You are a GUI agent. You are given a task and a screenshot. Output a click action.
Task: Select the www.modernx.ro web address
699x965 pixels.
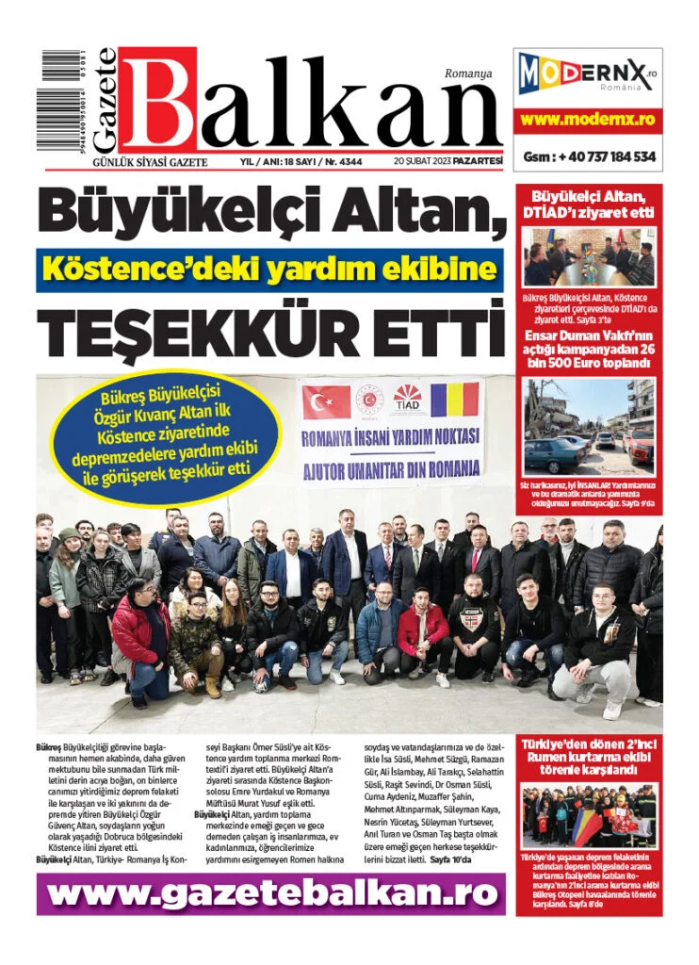coord(587,120)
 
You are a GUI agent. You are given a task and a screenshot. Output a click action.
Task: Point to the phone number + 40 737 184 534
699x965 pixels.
coord(589,156)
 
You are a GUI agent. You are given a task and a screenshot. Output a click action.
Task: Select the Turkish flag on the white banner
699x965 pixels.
coord(326,401)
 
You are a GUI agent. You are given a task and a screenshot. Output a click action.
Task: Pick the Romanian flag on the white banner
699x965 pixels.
coord(455,400)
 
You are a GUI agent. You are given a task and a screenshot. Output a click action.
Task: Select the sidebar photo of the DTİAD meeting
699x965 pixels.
coord(588,257)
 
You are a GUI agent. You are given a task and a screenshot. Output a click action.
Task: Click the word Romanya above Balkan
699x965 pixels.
coord(468,73)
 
